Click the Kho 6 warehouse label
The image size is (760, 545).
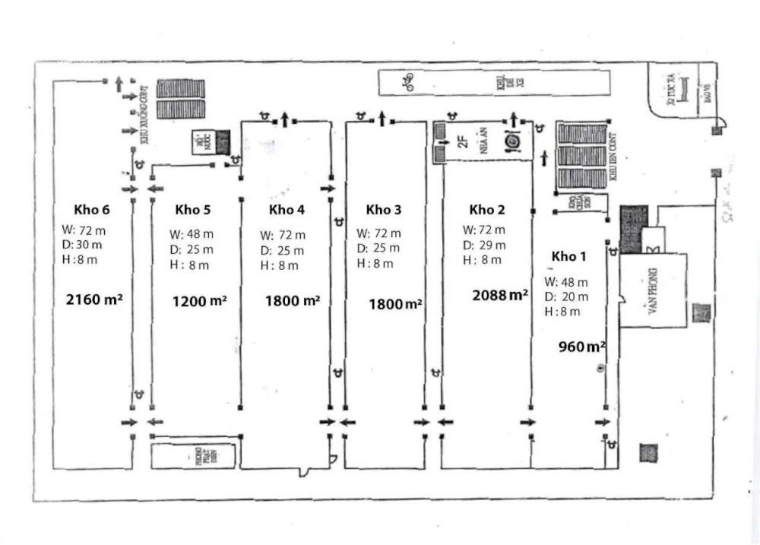pyautogui.click(x=91, y=210)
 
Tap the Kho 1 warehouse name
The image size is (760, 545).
pyautogui.click(x=569, y=255)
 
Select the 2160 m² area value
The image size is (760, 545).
pyautogui.click(x=95, y=299)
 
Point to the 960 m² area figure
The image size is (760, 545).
pyautogui.click(x=582, y=347)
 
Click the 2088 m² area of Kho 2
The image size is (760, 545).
pyautogui.click(x=500, y=295)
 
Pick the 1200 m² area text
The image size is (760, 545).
pyautogui.click(x=200, y=301)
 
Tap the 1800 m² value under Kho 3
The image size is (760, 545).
pyautogui.click(x=395, y=304)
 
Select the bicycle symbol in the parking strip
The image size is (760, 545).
pyautogui.click(x=408, y=82)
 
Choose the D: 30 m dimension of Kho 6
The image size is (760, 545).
pyautogui.click(x=83, y=245)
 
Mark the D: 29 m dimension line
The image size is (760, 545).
pyautogui.click(x=483, y=245)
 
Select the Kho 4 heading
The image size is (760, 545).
pyautogui.click(x=287, y=210)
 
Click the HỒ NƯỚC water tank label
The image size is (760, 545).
pyautogui.click(x=202, y=142)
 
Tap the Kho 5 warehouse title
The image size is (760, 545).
pyautogui.click(x=192, y=210)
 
